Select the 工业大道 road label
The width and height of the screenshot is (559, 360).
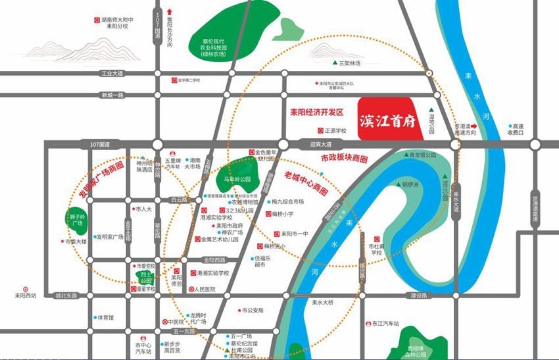pos(113,74)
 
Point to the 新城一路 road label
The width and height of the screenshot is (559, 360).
pos(112,95)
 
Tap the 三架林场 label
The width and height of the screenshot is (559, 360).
pos(349,64)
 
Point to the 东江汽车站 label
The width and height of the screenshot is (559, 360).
pos(385,324)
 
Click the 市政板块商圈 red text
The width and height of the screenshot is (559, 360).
pos(344,159)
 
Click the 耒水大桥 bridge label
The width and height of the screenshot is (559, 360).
pos(322,303)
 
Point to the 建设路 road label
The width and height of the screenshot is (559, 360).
pos(419,296)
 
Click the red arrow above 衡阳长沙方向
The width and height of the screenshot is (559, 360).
pos(170,11)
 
